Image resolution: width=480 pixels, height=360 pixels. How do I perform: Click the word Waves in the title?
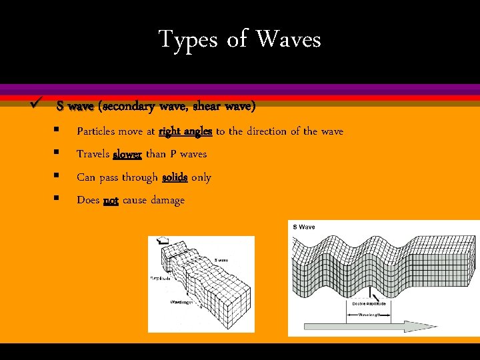(288, 40)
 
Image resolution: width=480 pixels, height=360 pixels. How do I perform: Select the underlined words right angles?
(185, 131)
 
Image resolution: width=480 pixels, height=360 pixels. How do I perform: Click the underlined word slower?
(127, 154)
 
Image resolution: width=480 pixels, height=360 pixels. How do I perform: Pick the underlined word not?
(111, 200)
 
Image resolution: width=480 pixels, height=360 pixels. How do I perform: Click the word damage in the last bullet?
(167, 200)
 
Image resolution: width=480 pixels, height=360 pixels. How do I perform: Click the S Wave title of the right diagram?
(304, 227)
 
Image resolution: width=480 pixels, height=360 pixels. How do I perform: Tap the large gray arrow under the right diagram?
(360, 326)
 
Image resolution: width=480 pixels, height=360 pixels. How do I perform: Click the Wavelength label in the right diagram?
(371, 313)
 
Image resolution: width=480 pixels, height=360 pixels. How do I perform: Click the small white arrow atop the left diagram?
(161, 242)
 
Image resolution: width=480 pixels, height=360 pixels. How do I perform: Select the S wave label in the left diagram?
(221, 260)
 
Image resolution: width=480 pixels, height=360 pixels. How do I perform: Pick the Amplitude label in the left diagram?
(160, 278)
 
